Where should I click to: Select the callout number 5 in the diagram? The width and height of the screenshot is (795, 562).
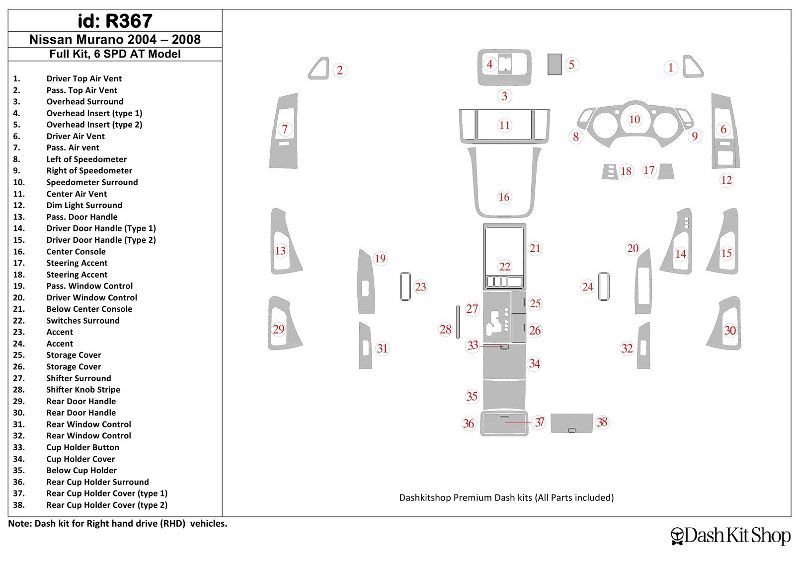click(x=571, y=65)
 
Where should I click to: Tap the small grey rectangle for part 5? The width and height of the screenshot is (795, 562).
click(x=555, y=64)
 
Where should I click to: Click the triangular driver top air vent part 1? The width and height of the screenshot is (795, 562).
click(x=693, y=67)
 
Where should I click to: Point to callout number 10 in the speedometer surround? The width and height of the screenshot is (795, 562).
click(x=635, y=119)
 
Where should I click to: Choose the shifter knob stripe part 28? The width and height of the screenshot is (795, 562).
click(x=458, y=322)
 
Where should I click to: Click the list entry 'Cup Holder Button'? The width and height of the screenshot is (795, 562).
click(x=82, y=447)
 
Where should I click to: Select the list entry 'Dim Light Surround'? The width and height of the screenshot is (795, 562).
click(x=84, y=206)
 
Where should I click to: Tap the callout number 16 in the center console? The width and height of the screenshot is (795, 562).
click(x=504, y=197)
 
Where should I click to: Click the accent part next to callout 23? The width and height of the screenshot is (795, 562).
click(x=405, y=286)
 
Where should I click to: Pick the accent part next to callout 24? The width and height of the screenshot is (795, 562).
click(x=604, y=286)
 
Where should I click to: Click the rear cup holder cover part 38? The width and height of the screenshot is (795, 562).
click(x=571, y=423)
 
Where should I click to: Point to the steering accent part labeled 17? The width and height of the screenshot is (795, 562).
click(x=665, y=172)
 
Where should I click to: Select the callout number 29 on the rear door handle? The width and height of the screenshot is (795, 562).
click(x=278, y=329)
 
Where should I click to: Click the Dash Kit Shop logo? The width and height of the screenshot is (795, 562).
click(x=730, y=535)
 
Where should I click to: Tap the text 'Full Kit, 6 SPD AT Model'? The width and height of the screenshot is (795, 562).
click(x=115, y=54)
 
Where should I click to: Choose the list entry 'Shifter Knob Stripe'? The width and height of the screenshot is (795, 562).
click(x=83, y=390)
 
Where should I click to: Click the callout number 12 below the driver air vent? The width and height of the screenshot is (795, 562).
click(x=726, y=180)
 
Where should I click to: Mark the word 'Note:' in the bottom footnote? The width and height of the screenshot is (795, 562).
click(x=20, y=523)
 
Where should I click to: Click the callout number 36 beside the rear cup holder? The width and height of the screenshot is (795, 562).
click(x=469, y=423)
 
